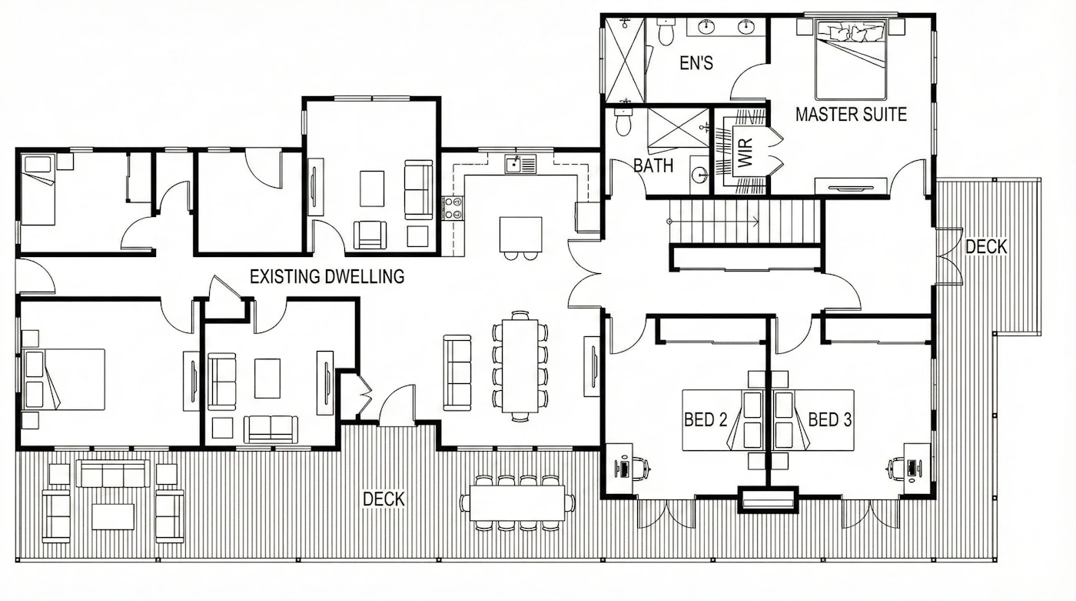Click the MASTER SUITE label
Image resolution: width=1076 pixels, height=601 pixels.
click(x=851, y=115)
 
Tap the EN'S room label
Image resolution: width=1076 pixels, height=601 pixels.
click(x=696, y=63)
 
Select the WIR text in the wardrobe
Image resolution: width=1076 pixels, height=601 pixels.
click(x=744, y=152)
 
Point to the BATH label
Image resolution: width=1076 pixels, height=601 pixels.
click(x=653, y=165)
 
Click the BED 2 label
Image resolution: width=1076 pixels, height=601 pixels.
click(x=706, y=419)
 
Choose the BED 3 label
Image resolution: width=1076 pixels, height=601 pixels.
click(x=830, y=419)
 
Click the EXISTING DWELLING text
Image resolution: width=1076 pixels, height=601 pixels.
click(x=327, y=276)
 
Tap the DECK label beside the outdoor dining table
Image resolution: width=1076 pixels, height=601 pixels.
click(x=384, y=499)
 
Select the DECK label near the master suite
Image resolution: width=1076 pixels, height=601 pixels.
click(x=986, y=247)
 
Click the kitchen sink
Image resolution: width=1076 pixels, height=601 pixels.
click(x=520, y=164)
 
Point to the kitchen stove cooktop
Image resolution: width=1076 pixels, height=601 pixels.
click(x=453, y=209)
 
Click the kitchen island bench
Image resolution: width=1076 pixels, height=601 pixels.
click(x=521, y=234)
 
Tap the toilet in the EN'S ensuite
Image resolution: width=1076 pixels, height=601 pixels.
click(x=666, y=32)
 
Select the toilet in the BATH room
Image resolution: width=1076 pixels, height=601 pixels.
click(x=623, y=122)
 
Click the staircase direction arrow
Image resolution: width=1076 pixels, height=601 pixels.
click(x=714, y=221)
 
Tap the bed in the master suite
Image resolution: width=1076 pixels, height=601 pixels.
click(x=851, y=59)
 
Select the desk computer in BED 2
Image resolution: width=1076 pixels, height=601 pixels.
click(x=624, y=469)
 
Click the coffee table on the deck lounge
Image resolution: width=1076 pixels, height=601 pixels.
click(x=113, y=516)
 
